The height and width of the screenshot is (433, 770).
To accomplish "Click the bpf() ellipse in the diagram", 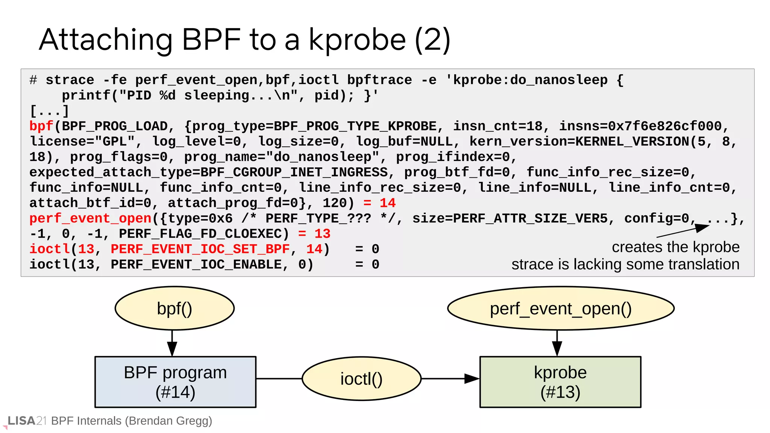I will [x=174, y=308].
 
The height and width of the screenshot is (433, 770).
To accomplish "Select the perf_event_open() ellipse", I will [x=561, y=308].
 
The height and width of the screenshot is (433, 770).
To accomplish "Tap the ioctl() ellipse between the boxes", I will [x=361, y=378].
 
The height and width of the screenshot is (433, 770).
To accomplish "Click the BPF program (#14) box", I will [x=175, y=382].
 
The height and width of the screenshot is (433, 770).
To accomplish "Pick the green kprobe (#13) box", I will [x=560, y=382].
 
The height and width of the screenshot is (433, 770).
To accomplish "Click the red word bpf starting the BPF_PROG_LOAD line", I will [x=41, y=126].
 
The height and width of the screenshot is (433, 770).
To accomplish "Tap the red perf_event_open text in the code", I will [x=90, y=218].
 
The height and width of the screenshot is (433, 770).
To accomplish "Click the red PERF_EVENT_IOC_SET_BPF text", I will [x=200, y=249].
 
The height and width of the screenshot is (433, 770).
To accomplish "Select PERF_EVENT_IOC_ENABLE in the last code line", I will [x=196, y=265].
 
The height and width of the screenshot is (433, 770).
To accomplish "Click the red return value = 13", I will [x=314, y=234].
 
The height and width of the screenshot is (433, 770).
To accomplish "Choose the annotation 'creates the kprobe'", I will [x=675, y=247].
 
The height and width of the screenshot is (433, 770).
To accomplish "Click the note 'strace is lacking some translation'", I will [x=625, y=264].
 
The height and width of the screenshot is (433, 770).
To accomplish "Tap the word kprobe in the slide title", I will [x=357, y=40].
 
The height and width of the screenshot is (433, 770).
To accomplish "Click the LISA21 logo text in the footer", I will [x=26, y=421].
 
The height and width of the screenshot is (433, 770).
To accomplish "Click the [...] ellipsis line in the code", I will [x=49, y=111].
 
